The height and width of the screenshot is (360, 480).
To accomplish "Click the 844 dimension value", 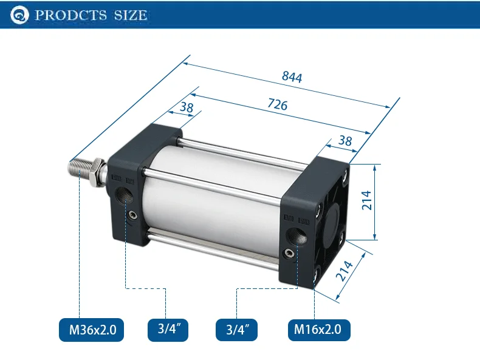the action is (x=292, y=76).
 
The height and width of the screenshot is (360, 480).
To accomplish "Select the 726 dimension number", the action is (x=278, y=104).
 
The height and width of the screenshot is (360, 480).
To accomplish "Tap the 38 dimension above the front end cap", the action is (x=187, y=107).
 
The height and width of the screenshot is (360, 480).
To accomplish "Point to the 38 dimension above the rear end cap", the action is (x=345, y=141).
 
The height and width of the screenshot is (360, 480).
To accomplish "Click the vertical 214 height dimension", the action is (x=367, y=200).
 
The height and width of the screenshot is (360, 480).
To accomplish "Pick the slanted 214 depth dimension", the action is (x=345, y=271).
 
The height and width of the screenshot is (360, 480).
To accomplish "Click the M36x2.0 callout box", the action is (x=92, y=330).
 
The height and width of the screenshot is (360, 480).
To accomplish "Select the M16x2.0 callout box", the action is (x=319, y=330).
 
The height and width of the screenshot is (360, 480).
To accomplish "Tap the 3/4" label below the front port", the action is (x=168, y=330).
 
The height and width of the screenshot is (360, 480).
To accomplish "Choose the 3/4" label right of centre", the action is (x=236, y=330).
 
